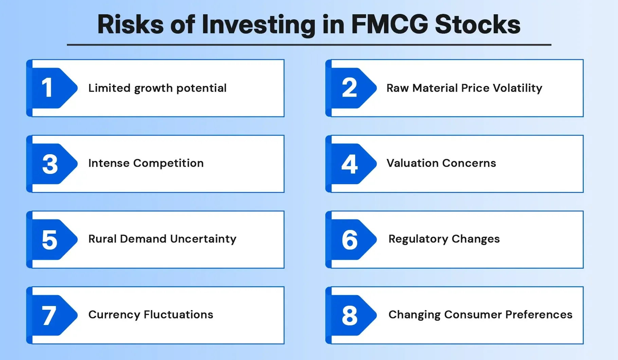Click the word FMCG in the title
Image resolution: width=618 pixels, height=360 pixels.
389,24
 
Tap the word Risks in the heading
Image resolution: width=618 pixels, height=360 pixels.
130,24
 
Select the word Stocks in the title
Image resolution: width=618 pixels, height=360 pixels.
477,24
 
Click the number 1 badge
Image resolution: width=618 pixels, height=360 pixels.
51,88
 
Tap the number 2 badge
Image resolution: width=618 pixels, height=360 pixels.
350,88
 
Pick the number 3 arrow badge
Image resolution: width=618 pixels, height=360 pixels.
51,164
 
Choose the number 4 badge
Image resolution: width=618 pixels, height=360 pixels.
350,164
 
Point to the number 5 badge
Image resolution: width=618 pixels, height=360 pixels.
51,240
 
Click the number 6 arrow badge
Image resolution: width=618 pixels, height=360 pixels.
350,240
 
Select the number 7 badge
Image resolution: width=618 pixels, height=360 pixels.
51,316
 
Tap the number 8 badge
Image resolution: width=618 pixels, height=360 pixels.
350,316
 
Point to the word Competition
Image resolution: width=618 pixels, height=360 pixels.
168,163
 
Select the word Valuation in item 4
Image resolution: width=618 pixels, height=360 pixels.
413,163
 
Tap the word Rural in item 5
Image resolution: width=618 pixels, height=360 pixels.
102,239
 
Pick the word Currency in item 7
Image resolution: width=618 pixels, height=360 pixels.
114,315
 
